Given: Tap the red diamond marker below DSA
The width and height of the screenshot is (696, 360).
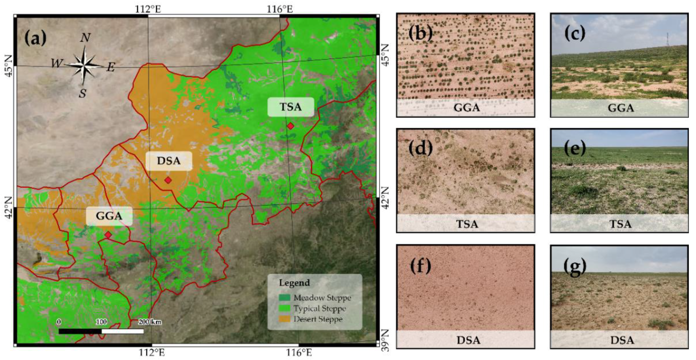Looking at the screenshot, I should pos(168,180).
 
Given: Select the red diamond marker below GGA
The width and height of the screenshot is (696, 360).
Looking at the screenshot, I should pos(108,235).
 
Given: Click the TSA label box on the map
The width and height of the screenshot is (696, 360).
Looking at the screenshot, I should pos(291,107).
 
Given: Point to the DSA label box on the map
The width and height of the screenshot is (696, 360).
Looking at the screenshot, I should pos(169,161).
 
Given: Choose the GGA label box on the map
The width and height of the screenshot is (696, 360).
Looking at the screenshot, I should pos(109,216).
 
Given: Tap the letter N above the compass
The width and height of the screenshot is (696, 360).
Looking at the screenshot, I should pos(85,38).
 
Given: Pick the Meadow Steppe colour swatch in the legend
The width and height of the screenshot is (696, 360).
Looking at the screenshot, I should pos(284,298).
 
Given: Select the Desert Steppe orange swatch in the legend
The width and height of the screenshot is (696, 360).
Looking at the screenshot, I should pos(284,319).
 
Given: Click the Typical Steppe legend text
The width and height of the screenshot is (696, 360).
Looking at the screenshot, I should pos(320,308).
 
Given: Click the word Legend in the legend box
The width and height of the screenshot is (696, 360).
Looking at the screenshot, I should pos(294,283).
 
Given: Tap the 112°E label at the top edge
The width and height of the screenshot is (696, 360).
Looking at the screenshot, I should pos(148,9).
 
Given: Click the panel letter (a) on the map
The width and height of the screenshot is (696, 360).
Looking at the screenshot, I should pos(35,38).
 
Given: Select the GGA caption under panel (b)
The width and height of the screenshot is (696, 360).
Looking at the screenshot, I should pos(466,108).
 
